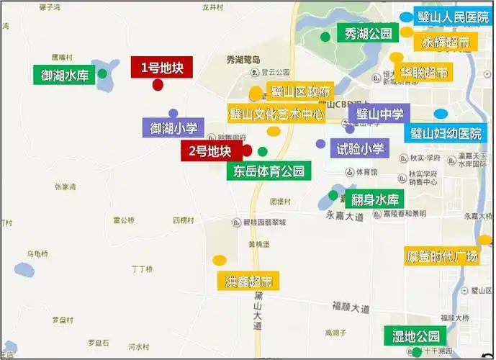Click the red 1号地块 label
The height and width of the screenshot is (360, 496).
(158, 68)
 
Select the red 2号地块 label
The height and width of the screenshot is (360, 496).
(209, 151)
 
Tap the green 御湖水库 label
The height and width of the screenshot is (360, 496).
(64, 74)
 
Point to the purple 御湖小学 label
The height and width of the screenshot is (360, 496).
(173, 129)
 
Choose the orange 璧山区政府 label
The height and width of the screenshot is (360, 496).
(300, 91)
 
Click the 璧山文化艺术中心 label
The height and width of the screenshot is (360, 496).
(276, 113)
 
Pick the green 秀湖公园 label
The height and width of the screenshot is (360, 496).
(367, 33)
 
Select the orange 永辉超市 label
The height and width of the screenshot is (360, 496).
(446, 42)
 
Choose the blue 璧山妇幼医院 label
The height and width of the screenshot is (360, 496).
(445, 134)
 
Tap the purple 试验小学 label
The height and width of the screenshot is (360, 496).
(358, 149)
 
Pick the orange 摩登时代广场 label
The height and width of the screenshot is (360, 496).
(441, 256)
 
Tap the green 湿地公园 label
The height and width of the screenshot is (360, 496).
(415, 336)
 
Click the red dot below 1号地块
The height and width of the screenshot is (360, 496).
(158, 85)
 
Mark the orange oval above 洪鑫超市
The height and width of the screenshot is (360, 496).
(219, 260)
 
